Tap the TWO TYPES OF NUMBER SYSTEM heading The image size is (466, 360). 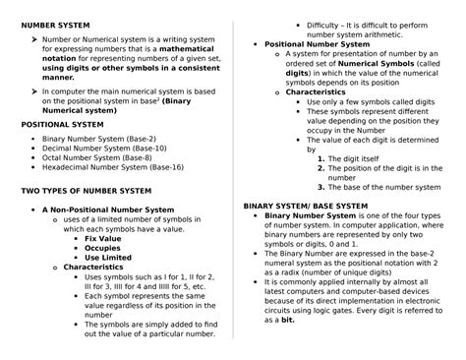(87, 190)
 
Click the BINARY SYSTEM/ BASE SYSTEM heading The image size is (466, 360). (305, 206)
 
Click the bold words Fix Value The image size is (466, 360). (103, 239)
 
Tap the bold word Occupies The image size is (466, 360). (102, 248)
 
